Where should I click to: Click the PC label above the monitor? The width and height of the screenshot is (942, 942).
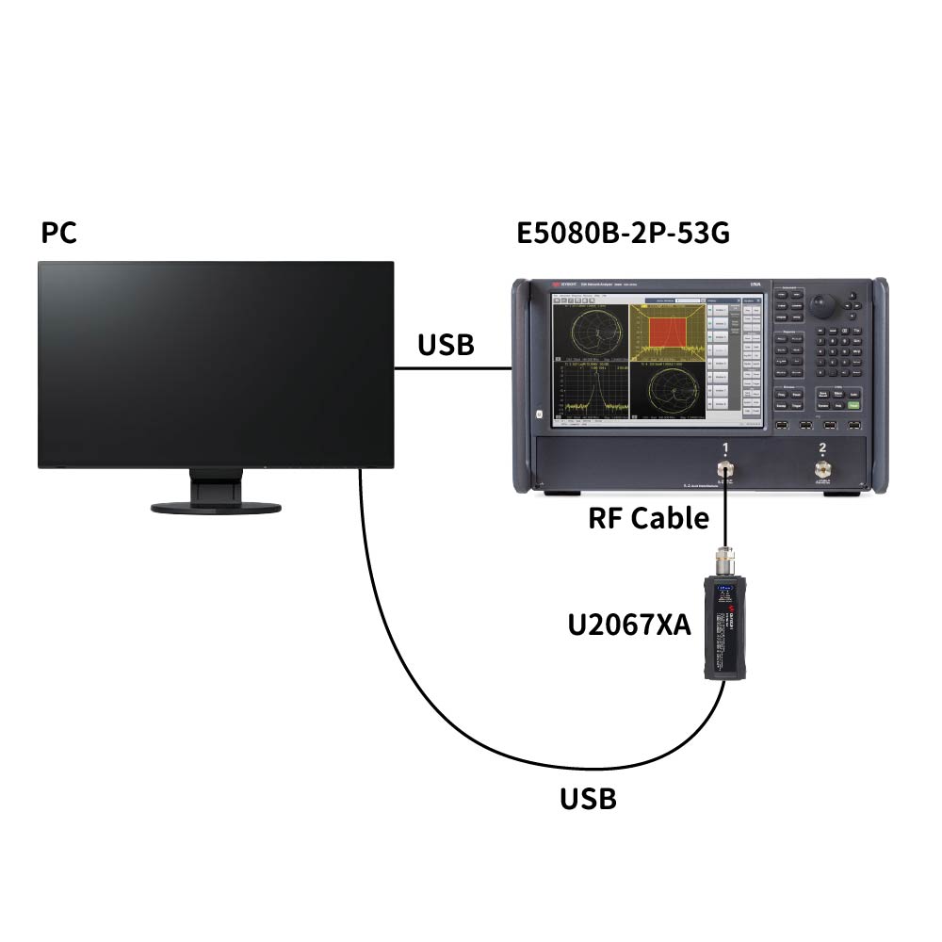[58, 233]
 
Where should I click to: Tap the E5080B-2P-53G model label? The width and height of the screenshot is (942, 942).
[624, 233]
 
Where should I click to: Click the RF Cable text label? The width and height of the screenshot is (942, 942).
[648, 517]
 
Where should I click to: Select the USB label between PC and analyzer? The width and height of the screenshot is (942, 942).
[446, 346]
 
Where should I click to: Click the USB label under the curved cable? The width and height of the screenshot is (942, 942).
[588, 799]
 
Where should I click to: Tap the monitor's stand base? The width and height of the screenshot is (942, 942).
[216, 507]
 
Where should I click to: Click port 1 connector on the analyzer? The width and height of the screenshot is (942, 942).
[725, 470]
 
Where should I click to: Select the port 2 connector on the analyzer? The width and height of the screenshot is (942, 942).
[823, 470]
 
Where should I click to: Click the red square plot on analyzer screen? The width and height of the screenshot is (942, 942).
[668, 336]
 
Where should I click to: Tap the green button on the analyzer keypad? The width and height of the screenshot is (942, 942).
[853, 406]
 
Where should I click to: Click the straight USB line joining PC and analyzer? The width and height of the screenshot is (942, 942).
[452, 368]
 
